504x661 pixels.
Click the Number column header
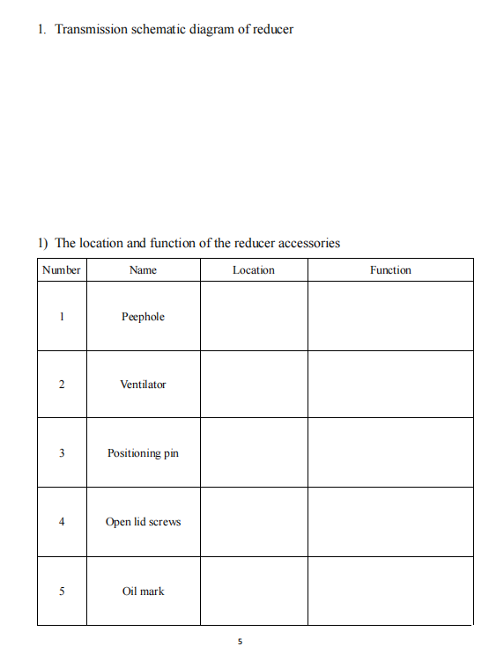(62, 270)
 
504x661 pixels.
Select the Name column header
(143, 270)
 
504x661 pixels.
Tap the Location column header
(254, 270)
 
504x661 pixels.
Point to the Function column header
(390, 270)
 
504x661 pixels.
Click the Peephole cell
(143, 317)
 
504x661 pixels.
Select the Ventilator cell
(143, 385)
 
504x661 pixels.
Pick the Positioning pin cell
(143, 453)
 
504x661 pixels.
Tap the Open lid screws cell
(143, 522)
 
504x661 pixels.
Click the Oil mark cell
(143, 591)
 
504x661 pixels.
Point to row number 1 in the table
(62, 317)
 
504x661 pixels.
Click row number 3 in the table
(62, 453)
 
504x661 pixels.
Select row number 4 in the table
(62, 522)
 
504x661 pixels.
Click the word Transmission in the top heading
(91, 29)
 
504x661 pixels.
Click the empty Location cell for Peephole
(254, 317)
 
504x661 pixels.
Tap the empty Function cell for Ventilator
(390, 385)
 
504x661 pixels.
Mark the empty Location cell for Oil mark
(254, 591)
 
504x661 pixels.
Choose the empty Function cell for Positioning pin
(390, 453)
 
